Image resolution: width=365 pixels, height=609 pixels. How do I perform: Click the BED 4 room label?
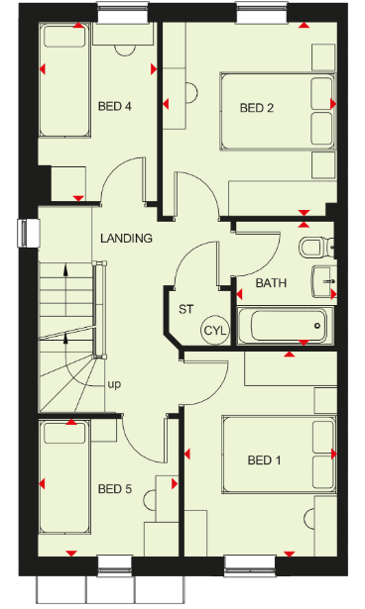tap(115, 106)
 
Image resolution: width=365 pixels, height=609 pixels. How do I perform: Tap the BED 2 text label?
tap(257, 108)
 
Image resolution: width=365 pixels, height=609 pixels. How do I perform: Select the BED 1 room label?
tap(264, 460)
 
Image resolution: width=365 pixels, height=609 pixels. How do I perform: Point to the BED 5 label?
tap(115, 488)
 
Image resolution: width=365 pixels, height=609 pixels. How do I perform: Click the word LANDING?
tap(126, 238)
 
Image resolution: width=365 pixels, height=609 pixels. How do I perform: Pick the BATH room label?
tap(271, 283)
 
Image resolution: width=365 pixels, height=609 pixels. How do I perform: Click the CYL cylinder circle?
tap(215, 331)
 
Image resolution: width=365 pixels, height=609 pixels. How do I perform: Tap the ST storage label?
tap(186, 309)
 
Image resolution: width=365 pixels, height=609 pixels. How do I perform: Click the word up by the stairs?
tap(114, 384)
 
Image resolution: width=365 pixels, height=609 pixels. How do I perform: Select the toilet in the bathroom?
tap(314, 248)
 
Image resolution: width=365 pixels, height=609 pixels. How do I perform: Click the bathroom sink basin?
tap(323, 281)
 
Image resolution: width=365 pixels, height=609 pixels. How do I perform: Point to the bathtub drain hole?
tap(318, 326)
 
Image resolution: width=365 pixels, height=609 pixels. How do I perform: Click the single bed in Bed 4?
tap(64, 80)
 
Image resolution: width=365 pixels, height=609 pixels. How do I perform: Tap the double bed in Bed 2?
tap(278, 111)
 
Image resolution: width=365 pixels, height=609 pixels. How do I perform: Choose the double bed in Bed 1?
tap(279, 455)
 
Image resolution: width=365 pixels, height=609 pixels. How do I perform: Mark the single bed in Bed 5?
tap(64, 477)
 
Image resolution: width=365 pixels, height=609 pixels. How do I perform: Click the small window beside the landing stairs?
tap(28, 233)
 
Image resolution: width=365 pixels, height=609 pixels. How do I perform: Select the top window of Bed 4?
tap(123, 12)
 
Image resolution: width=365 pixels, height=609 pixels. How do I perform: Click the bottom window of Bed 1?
tap(249, 565)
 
